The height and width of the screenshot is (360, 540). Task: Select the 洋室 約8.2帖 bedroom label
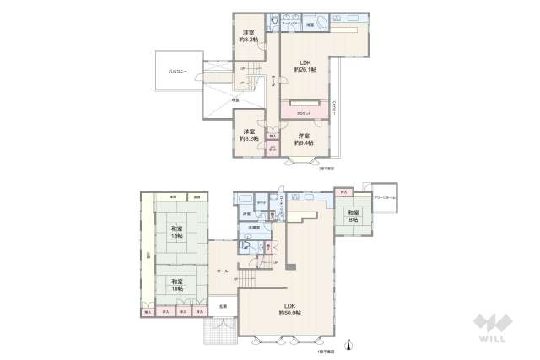(x=249, y=135)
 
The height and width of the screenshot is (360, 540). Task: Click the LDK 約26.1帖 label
(x=305, y=66)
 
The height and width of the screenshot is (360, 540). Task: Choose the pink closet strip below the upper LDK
(x=305, y=112)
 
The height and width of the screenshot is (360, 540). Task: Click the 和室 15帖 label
(x=176, y=232)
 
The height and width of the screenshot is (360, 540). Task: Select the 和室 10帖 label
(x=176, y=283)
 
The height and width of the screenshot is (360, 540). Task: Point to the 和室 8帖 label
(x=353, y=217)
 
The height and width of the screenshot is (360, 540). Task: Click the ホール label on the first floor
(x=223, y=271)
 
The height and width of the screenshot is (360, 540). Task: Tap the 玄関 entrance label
(x=223, y=305)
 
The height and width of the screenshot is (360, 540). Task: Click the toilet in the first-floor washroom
(x=245, y=246)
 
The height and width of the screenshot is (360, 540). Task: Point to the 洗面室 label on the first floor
(x=254, y=228)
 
